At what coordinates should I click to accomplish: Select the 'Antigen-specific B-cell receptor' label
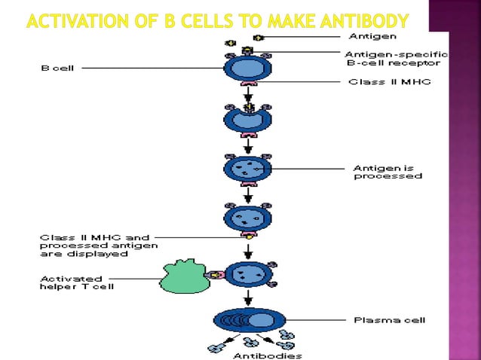pos(396,59)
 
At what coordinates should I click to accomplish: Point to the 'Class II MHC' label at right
pos(388,81)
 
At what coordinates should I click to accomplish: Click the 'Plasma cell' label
pos(389,320)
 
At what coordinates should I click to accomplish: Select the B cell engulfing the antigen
pos(248,118)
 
